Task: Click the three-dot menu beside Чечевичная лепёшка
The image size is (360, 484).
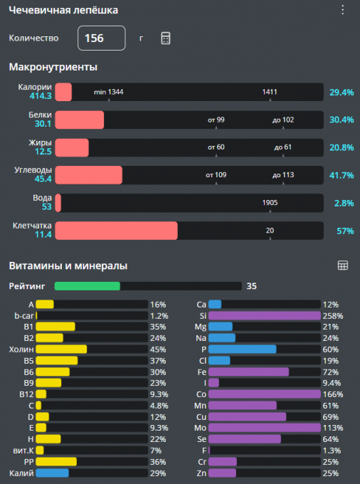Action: (x=343, y=10)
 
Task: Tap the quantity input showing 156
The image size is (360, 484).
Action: (x=102, y=38)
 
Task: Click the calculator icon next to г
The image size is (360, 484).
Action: (x=166, y=38)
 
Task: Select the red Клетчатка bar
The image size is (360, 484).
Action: (x=116, y=231)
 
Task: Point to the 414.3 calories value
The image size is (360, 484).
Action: (x=41, y=96)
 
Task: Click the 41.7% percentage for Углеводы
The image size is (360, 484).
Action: (x=342, y=175)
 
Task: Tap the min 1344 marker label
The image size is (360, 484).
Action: (x=109, y=92)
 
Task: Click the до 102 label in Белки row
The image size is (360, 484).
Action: (x=283, y=120)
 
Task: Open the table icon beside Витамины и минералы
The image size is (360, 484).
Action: (x=343, y=265)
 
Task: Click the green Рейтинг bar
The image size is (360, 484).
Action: (x=88, y=286)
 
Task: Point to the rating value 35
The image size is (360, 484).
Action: (x=251, y=286)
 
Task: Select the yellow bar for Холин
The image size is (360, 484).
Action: (x=61, y=349)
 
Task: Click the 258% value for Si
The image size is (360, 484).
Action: (x=333, y=316)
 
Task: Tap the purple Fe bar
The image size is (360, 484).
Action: (x=248, y=372)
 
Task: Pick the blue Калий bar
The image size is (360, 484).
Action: (x=52, y=473)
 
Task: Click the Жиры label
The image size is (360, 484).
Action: (x=40, y=142)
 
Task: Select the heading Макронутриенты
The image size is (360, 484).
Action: (x=53, y=67)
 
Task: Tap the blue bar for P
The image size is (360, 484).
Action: (x=242, y=349)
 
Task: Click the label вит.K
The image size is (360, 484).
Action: (x=23, y=451)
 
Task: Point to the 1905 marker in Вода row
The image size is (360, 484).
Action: (x=270, y=203)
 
